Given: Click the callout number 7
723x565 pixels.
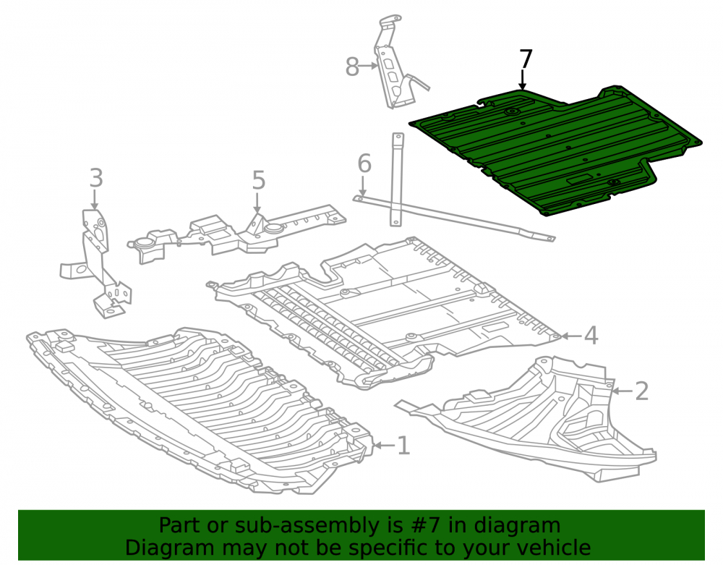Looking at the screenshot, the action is tap(526, 59).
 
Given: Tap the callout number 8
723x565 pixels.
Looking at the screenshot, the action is tap(352, 67).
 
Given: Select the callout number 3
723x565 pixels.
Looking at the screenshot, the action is tap(96, 178).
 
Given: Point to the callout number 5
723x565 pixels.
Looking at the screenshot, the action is tap(259, 180).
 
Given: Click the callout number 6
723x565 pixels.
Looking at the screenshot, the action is tap(364, 163).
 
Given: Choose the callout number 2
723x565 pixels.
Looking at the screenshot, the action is tap(642, 391).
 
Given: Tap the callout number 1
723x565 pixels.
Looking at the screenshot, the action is tap(403, 446).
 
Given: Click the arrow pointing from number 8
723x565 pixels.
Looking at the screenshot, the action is tap(369, 66).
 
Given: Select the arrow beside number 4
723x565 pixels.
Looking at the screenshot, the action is tap(572, 336).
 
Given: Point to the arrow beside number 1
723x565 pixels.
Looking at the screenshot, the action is tap(385, 445).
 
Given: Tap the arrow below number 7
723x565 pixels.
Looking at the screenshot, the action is tap(523, 80).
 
